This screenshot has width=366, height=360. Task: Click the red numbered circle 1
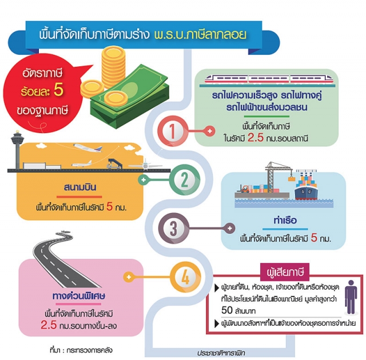point(173,131)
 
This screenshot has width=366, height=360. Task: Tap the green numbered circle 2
point(185,180)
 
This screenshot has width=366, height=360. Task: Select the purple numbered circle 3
point(173,228)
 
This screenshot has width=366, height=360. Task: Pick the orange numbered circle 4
point(185,277)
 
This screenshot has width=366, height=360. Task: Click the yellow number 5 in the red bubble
point(58,90)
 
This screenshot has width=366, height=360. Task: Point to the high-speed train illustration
point(268,79)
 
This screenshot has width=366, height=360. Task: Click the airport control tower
point(17,149)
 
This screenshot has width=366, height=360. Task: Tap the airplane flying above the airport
point(87,147)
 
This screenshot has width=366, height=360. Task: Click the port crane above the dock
point(278,177)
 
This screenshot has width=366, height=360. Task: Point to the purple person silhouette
point(351,297)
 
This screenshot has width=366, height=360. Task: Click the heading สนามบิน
point(80,187)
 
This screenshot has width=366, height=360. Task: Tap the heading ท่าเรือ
point(285,220)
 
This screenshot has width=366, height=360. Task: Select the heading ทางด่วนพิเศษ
point(79,295)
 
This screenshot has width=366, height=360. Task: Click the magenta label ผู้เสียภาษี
point(285,272)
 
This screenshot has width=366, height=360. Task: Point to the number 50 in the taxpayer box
point(227,310)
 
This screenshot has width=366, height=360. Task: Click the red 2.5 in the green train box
point(256,138)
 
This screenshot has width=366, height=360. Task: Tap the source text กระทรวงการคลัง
point(89,350)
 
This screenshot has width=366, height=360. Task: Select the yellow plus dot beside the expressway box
point(129,277)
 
